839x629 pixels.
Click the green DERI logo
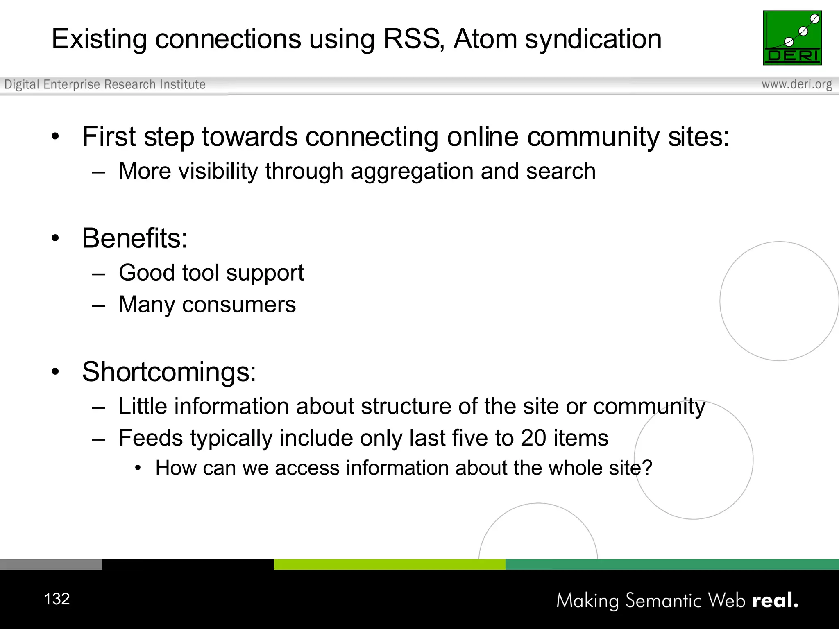(792, 38)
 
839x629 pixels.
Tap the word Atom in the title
(485, 39)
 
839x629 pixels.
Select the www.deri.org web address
(796, 84)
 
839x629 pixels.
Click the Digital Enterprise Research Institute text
(105, 84)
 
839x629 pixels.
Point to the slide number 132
(57, 599)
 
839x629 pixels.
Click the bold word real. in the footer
(775, 600)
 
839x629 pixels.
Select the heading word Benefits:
(135, 238)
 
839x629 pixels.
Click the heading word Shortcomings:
(169, 372)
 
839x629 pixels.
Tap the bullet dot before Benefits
(55, 238)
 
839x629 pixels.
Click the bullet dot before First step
(55, 137)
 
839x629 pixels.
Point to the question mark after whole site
(647, 468)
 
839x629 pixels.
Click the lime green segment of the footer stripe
(389, 564)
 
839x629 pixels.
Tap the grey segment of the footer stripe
(51, 564)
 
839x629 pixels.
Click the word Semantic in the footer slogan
(664, 601)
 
